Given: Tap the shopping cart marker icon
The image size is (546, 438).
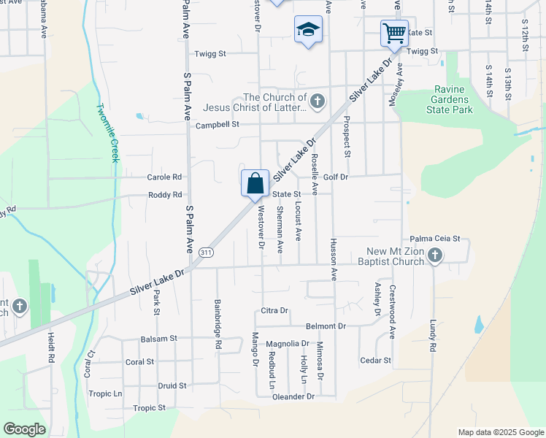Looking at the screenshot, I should (393, 32).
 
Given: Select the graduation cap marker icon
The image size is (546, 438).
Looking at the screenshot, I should (308, 30).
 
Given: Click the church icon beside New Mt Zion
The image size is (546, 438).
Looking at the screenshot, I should (435, 255).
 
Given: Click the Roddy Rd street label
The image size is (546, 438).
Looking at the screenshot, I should (164, 195).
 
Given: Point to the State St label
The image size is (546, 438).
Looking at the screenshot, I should (287, 194).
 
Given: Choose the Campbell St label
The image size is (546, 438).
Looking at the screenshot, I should (218, 125).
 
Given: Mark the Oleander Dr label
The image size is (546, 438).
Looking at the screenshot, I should (294, 396).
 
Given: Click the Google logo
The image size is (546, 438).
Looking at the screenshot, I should (25, 429).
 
